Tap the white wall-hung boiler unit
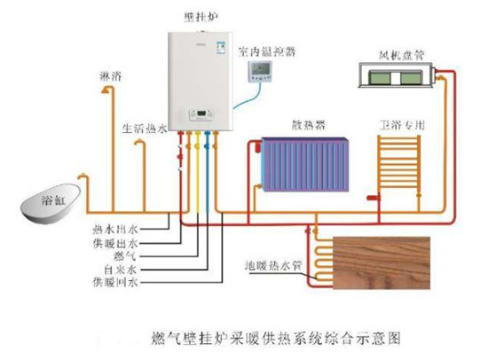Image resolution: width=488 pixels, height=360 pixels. [x=201, y=80]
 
